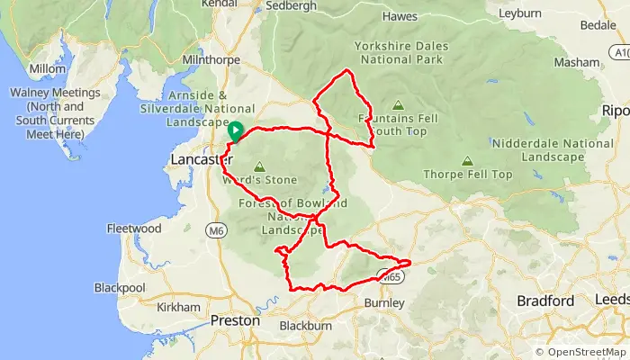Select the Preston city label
point(234,320)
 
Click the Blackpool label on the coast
point(120,288)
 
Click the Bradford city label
point(545,301)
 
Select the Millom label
point(47,68)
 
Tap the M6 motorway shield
point(215,231)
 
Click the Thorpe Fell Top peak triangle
point(466,161)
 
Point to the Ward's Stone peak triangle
point(260,166)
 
